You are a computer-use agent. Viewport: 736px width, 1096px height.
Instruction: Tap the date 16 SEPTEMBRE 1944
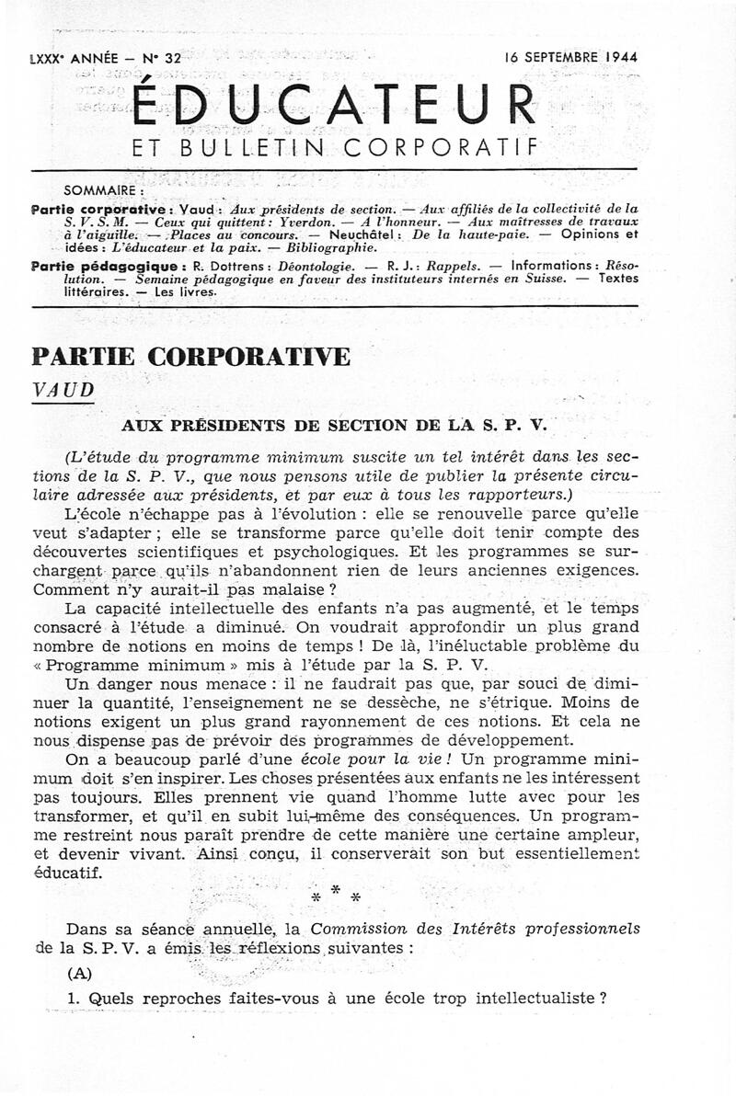pyautogui.click(x=570, y=57)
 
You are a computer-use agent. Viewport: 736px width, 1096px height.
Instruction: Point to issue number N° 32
pyautogui.click(x=162, y=58)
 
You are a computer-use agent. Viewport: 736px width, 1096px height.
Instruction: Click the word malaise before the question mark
pyautogui.click(x=296, y=588)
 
